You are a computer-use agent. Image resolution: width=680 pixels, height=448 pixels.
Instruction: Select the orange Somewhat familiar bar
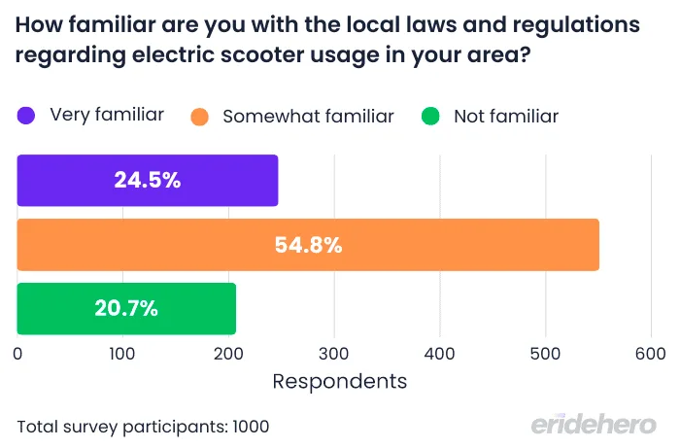[x=308, y=245]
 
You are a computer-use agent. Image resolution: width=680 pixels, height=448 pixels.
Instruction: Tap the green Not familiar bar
[x=126, y=309]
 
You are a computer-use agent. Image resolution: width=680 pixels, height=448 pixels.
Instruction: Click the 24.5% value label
[x=148, y=181]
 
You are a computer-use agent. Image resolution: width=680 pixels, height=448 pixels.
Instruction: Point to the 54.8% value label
[x=308, y=245]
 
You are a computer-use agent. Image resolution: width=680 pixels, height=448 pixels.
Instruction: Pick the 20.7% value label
[x=126, y=309]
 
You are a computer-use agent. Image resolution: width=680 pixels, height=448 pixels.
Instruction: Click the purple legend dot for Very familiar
[x=26, y=117]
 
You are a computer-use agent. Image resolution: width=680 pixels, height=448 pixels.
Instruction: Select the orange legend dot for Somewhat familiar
[x=200, y=117]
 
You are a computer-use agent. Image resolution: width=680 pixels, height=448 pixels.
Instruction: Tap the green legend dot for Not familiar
[x=431, y=117]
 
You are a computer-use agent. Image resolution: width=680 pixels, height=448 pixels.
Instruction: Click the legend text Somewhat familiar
[x=308, y=117]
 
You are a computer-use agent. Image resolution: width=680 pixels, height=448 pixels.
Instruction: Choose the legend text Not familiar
[x=506, y=117]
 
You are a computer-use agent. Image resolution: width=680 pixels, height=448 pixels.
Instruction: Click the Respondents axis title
[x=339, y=381]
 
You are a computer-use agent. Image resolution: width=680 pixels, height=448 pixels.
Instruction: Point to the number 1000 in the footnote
[x=249, y=426]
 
